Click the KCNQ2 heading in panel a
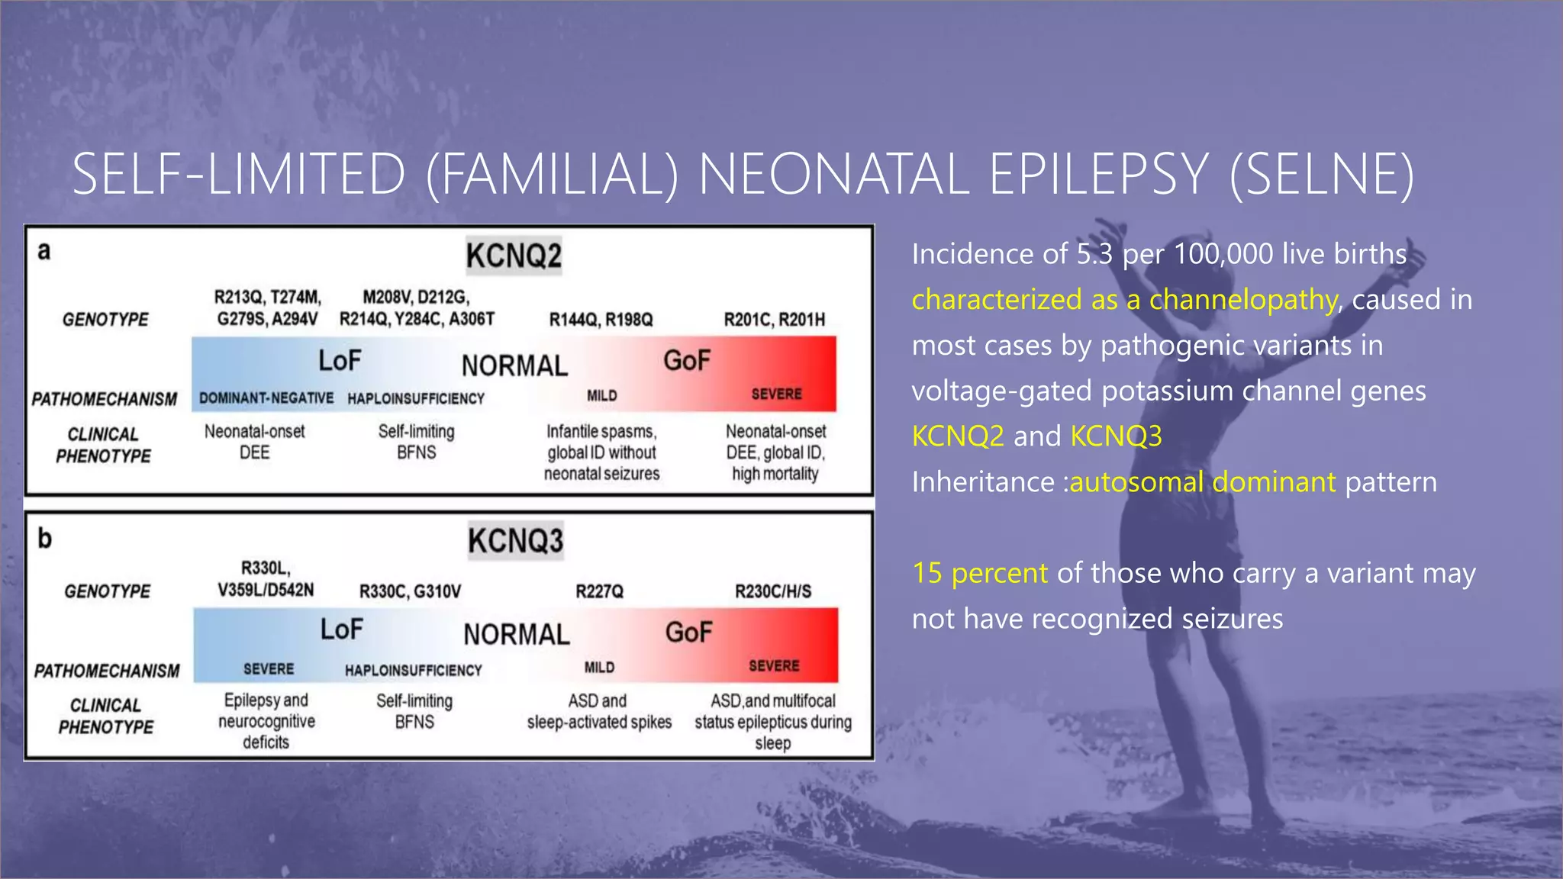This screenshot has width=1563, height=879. click(514, 256)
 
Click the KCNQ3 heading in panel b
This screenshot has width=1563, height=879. click(515, 541)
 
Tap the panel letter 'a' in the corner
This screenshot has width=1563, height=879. click(44, 251)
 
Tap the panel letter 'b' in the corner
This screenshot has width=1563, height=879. click(45, 539)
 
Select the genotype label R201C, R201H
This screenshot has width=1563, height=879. click(774, 320)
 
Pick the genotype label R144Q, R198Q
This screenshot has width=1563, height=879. click(601, 320)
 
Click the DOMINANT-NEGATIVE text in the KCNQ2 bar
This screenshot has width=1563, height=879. click(266, 398)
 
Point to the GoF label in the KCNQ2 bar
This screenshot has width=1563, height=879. click(686, 361)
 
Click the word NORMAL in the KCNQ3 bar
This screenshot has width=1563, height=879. click(517, 635)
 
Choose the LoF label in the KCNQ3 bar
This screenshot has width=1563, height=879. click(341, 630)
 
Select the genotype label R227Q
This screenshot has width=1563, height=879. click(599, 591)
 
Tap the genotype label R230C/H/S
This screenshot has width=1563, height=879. click(772, 591)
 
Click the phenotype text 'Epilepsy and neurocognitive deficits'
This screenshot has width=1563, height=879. click(266, 721)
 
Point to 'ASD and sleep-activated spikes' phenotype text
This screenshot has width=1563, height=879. click(599, 711)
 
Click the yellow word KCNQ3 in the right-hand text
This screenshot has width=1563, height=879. click(1116, 436)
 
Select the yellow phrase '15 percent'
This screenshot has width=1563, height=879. click(980, 573)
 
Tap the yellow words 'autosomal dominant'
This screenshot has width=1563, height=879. click(1203, 482)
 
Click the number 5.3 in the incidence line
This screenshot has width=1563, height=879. click(1095, 254)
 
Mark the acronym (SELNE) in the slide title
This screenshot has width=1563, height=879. click(1322, 175)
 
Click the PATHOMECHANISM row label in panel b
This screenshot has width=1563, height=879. click(107, 671)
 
